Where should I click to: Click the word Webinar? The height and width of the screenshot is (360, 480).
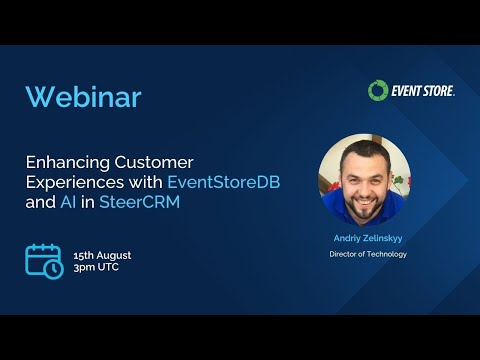(x=83, y=97)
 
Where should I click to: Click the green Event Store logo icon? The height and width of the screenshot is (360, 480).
(x=377, y=91)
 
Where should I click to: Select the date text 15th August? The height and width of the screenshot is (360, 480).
(x=102, y=255)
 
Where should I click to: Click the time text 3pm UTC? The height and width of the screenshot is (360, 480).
(x=96, y=270)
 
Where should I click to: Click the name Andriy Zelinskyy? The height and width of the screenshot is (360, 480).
(x=368, y=239)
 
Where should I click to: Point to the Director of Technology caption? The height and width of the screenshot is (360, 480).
(x=368, y=254)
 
